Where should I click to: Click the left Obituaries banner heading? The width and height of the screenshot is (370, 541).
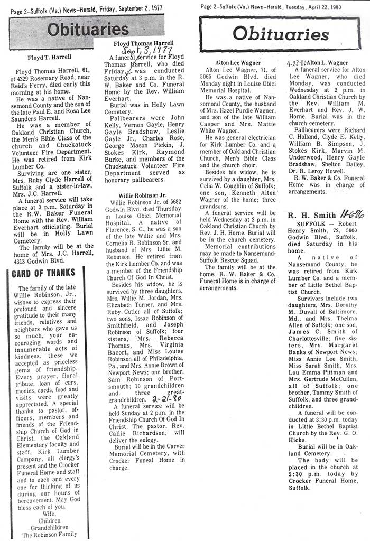88,30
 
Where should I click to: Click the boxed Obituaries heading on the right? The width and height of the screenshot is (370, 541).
281,34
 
